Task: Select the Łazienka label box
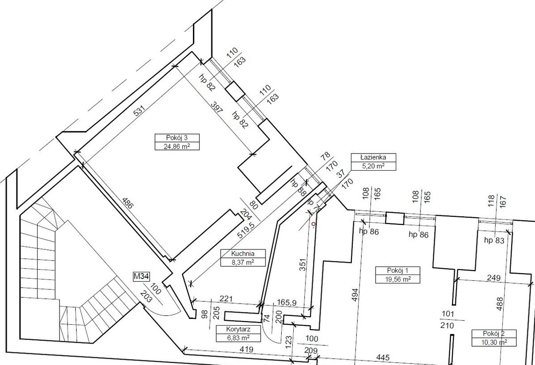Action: coord(373,157)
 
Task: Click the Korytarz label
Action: coord(232,329)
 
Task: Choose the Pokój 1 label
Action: coord(392,270)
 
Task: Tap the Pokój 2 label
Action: coord(494,334)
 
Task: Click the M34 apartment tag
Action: coord(141,277)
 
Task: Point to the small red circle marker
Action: coord(313,223)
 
